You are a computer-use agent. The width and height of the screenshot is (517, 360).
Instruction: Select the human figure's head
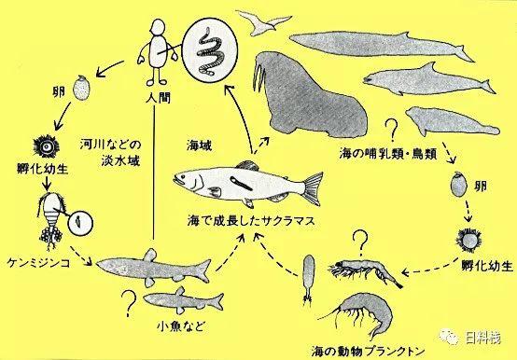(159, 27)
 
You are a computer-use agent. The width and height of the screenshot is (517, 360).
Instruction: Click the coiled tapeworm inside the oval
(210, 52)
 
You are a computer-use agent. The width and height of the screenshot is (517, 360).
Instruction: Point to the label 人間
(159, 97)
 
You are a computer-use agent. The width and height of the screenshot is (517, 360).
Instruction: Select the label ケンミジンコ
(38, 262)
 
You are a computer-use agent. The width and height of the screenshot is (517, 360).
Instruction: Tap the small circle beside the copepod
(80, 223)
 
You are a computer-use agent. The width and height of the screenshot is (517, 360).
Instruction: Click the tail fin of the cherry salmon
(312, 188)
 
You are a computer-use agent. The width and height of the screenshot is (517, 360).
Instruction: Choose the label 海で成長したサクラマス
(251, 220)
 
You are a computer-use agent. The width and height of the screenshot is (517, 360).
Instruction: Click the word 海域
(199, 145)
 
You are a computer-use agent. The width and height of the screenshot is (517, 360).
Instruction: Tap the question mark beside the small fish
(129, 302)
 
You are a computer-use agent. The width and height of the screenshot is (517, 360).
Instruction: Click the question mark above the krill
(361, 242)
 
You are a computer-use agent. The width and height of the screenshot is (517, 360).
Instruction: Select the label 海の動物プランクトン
(368, 351)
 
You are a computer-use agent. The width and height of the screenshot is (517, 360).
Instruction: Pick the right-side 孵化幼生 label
(487, 265)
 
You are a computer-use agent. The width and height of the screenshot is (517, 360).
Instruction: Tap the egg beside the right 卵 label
(458, 185)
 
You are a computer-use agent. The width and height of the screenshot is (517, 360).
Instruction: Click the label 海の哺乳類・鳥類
(388, 154)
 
